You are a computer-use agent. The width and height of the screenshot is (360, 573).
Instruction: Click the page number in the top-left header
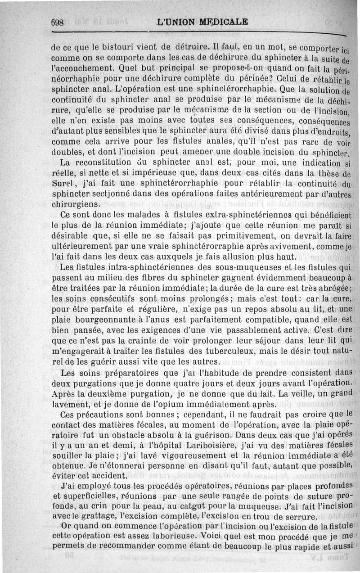[58, 22]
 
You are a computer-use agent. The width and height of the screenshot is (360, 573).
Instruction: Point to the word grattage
[100, 517]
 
